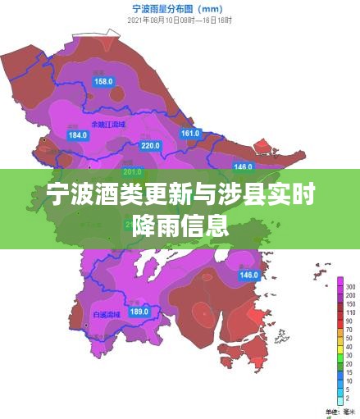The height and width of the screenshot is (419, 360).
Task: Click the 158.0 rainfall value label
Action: [104, 81]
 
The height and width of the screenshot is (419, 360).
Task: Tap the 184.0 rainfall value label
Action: [77, 135]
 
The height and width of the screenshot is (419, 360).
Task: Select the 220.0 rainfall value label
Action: [151, 145]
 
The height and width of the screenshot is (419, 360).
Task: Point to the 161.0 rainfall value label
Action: [190, 133]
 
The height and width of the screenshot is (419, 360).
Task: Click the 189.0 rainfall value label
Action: [139, 311]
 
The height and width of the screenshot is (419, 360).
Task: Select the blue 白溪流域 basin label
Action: [107, 313]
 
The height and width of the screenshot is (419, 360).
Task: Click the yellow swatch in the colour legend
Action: [339, 341]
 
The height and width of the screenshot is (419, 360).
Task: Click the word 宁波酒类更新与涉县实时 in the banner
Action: [180, 198]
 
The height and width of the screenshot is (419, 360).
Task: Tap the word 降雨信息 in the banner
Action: [180, 224]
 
